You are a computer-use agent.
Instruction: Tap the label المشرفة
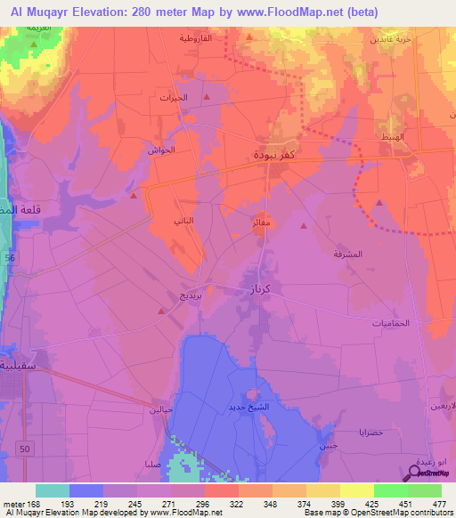(x=348, y=254)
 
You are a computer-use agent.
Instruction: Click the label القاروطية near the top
(x=195, y=39)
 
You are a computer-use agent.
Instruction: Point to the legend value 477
(x=439, y=503)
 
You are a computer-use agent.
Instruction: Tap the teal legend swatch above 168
(x=53, y=490)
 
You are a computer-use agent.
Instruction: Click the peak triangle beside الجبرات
(x=207, y=96)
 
